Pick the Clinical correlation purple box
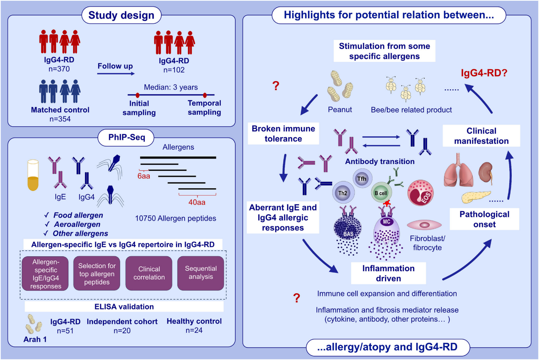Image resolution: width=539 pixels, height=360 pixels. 149,273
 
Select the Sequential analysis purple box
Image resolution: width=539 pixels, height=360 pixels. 201,273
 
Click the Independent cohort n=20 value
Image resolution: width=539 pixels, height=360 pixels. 122,330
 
